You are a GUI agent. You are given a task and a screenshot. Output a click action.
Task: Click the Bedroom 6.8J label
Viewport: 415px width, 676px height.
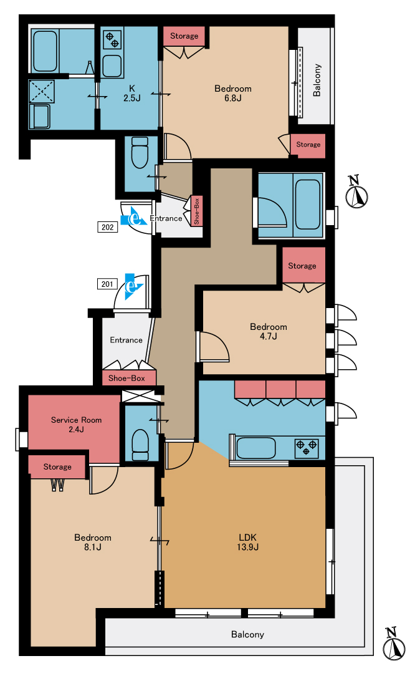coord(232,93)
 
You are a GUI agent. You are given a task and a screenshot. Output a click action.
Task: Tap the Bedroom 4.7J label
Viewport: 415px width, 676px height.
coord(269,332)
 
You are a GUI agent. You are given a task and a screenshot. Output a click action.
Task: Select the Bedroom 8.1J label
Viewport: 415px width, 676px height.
coord(93,543)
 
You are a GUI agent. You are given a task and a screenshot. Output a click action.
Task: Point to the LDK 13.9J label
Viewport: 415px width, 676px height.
coord(248,543)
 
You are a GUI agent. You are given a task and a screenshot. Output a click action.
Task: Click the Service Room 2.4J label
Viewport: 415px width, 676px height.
coord(76,425)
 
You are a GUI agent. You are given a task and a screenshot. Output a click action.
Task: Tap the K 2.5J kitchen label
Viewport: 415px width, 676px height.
coord(132,93)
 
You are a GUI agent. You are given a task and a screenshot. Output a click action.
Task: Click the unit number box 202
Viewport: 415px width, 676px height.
coord(108,227)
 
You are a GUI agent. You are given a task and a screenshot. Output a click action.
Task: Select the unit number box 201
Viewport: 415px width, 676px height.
coord(107,284)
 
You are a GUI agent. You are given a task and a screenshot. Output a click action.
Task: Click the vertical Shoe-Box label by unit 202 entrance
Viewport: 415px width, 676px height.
coord(196,211)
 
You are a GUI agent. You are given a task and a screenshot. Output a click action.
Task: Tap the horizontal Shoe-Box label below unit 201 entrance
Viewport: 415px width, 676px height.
coord(126,378)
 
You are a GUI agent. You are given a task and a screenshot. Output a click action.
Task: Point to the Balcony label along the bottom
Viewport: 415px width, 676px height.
coord(247,634)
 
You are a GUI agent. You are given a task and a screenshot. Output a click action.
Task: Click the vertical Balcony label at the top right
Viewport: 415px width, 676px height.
coord(317,80)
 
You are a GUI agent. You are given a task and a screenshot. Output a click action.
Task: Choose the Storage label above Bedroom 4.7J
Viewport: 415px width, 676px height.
coord(302,266)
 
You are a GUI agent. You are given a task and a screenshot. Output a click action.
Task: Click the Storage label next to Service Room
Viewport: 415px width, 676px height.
coord(57,466)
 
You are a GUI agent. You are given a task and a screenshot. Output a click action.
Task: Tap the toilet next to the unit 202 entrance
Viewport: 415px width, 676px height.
coord(140,153)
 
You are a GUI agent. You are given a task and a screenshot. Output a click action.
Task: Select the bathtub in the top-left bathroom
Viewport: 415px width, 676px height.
coord(45,51)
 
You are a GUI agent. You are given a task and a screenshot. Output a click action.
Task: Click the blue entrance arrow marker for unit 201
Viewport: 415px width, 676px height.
coord(133,286)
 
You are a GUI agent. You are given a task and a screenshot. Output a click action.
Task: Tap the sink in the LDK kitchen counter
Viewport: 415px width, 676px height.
coord(256,448)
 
